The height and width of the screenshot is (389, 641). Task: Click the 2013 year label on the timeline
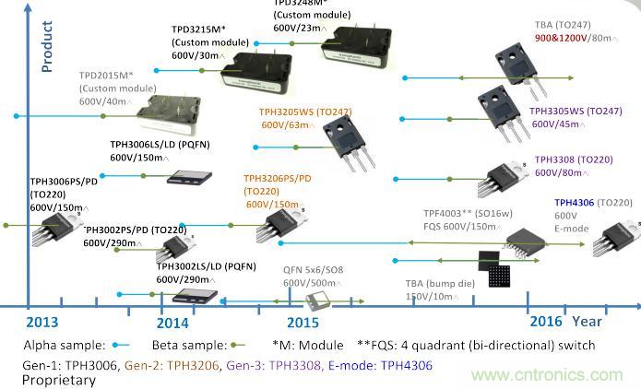coord(42,322)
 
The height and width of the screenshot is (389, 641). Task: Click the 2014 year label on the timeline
coord(172,323)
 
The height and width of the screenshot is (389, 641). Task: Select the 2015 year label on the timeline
coord(303,323)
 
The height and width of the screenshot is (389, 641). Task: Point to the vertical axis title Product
coord(47,47)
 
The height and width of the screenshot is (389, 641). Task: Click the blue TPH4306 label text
coord(572,203)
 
